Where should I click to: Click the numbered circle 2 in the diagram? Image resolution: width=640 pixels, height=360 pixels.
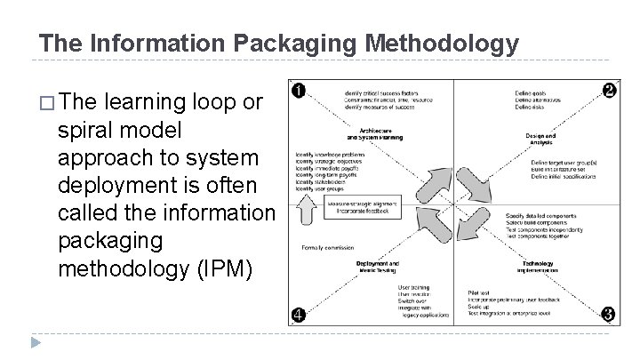pos(609,91)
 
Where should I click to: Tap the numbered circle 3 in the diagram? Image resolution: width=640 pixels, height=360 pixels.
pos(609,314)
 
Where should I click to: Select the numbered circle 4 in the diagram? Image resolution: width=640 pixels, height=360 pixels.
pos(300,315)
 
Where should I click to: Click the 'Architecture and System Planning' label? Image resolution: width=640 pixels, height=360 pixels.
pos(374,136)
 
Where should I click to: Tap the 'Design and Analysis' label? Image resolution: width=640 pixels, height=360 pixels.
pos(540,139)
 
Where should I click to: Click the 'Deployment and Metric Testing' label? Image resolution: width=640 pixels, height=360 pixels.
pos(376,268)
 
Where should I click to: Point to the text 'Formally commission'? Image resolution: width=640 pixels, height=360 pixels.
pos(326,246)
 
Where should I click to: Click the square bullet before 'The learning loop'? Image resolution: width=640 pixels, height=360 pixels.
pos(45,103)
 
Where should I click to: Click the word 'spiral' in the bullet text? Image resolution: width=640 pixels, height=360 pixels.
pos(86,131)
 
